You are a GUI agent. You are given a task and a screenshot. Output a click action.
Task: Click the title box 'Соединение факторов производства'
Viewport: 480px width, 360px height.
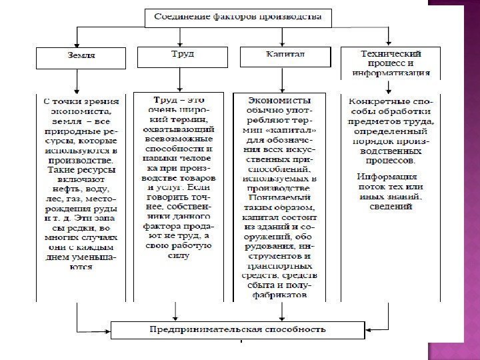click(x=238, y=17)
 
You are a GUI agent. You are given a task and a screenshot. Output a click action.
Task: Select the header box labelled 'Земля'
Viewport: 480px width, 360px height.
click(x=78, y=57)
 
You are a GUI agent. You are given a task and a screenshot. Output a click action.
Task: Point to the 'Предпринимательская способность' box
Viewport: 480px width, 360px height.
click(x=237, y=329)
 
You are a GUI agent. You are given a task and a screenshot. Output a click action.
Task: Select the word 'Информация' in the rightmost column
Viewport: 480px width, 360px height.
click(x=387, y=178)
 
